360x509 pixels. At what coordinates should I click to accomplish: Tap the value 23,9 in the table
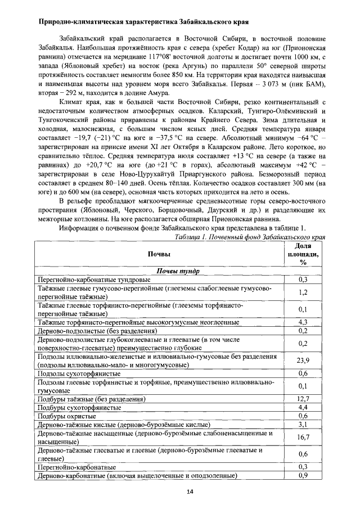303,361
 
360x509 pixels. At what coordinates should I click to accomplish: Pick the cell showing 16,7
303,437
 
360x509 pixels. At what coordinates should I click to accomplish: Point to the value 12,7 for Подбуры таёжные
303,399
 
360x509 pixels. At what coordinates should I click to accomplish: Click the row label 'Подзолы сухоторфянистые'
79,373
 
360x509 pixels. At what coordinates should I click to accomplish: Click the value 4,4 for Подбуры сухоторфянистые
303,407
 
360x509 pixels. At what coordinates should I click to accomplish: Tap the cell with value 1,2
303,292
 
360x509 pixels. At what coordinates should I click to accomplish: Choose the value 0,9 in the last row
303,475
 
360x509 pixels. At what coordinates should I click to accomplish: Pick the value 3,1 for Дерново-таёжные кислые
303,424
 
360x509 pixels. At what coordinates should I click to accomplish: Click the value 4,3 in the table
303,322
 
